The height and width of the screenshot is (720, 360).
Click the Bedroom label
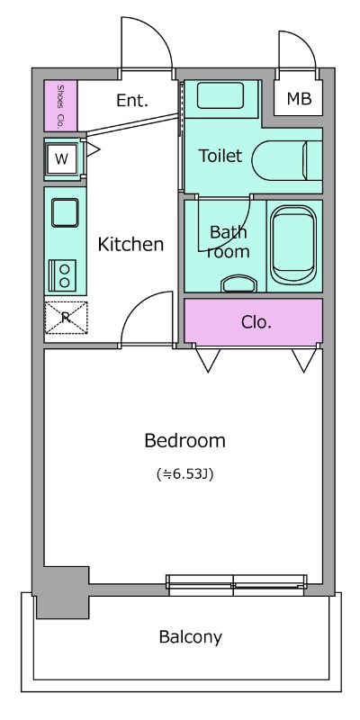coord(184,441)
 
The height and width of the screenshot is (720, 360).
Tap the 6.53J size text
coord(184,474)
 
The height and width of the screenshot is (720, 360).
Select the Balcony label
coord(191,637)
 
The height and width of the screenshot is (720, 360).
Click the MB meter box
coord(299,98)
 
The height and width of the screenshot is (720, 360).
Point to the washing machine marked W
coord(61,159)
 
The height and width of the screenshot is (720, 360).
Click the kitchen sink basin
coord(65,212)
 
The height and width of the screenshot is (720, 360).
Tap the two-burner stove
coord(62,275)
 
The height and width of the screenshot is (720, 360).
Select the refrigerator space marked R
coord(66,318)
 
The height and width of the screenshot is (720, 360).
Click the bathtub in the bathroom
coord(293,243)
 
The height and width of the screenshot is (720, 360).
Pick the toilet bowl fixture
coord(287,161)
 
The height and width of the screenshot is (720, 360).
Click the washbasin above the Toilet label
coord(220,95)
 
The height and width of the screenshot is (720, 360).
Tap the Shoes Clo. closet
coord(60,105)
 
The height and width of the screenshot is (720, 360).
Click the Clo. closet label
coord(256,322)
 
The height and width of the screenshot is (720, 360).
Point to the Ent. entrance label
coord(132,100)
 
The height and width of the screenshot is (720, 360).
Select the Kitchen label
coord(130,244)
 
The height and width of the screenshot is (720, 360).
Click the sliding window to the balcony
coord(237,585)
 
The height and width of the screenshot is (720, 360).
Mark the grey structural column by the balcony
coord(62,592)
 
